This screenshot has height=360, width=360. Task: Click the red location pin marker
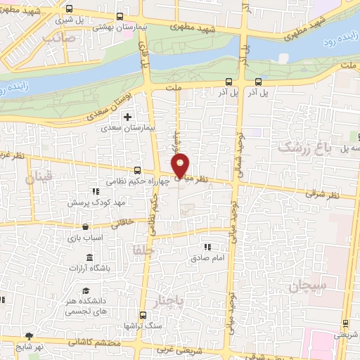(181, 167)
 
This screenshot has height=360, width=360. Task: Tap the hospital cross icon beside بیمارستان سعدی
(127, 117)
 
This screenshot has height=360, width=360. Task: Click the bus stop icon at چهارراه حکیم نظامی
(137, 170)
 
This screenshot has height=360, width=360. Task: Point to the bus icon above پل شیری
(70, 10)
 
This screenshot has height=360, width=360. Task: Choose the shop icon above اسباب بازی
(85, 226)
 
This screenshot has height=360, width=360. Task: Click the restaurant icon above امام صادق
(207, 247)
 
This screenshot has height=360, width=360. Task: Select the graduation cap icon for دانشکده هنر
(85, 291)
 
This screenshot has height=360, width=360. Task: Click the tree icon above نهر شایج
(28, 336)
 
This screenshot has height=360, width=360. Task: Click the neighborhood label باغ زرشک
(303, 146)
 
